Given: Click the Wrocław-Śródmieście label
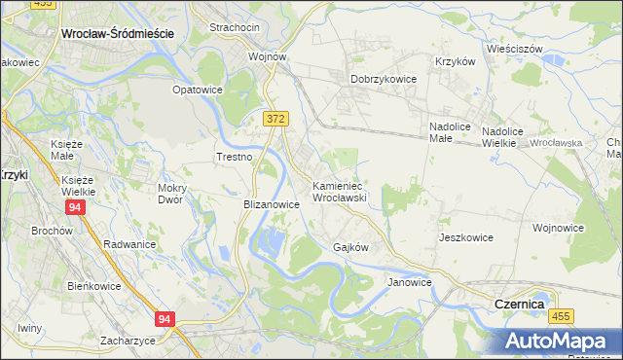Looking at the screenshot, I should pyautogui.click(x=117, y=32).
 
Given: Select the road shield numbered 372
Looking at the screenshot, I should pyautogui.click(x=275, y=118).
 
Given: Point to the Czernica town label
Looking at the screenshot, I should pyautogui.click(x=519, y=305).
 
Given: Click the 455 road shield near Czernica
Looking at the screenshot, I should pyautogui.click(x=560, y=316).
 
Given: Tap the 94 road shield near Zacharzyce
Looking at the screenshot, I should pyautogui.click(x=165, y=318).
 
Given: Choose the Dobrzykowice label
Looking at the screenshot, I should pyautogui.click(x=384, y=80).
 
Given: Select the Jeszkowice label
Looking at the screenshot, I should pyautogui.click(x=466, y=237).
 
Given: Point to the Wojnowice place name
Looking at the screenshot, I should pyautogui.click(x=558, y=228).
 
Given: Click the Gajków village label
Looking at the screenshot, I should pyautogui.click(x=350, y=247).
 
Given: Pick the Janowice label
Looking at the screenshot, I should pyautogui.click(x=409, y=282).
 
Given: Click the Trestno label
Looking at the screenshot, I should pyautogui.click(x=234, y=157).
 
